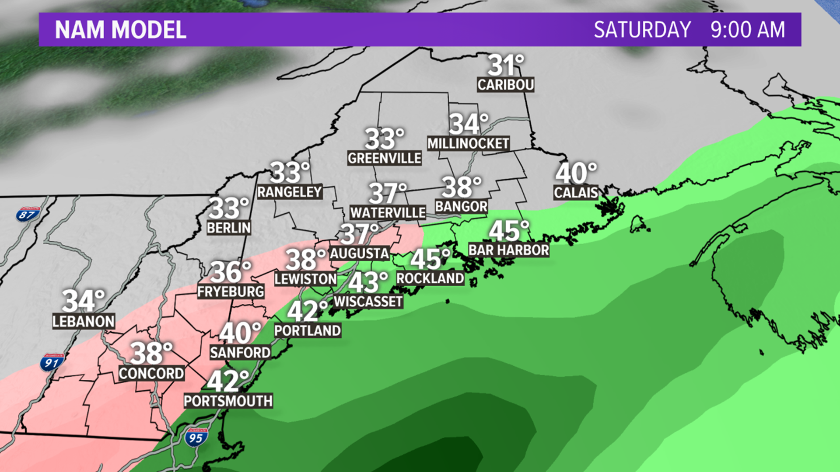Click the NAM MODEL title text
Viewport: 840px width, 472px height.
120,30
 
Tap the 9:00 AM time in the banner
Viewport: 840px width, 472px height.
748,30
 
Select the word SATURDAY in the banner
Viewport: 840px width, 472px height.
642,30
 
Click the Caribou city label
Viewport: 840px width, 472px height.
505,85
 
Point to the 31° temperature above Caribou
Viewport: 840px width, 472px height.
505,65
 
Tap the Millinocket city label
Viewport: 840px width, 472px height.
468,143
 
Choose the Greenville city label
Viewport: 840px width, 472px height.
385,158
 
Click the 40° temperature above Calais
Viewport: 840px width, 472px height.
576,173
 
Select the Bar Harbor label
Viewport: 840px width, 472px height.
508,250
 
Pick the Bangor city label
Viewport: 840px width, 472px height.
461,206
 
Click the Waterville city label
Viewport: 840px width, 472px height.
388,213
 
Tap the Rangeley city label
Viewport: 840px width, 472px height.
290,192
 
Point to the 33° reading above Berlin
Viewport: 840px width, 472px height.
228,208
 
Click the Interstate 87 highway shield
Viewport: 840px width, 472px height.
28,214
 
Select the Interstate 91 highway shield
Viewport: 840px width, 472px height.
52,362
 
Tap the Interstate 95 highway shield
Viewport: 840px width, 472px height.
196,437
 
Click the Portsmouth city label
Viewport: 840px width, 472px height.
228,401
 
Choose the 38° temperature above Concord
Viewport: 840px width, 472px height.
151,353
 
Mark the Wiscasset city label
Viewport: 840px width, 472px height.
368,302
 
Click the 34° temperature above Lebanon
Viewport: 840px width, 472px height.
83,301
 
